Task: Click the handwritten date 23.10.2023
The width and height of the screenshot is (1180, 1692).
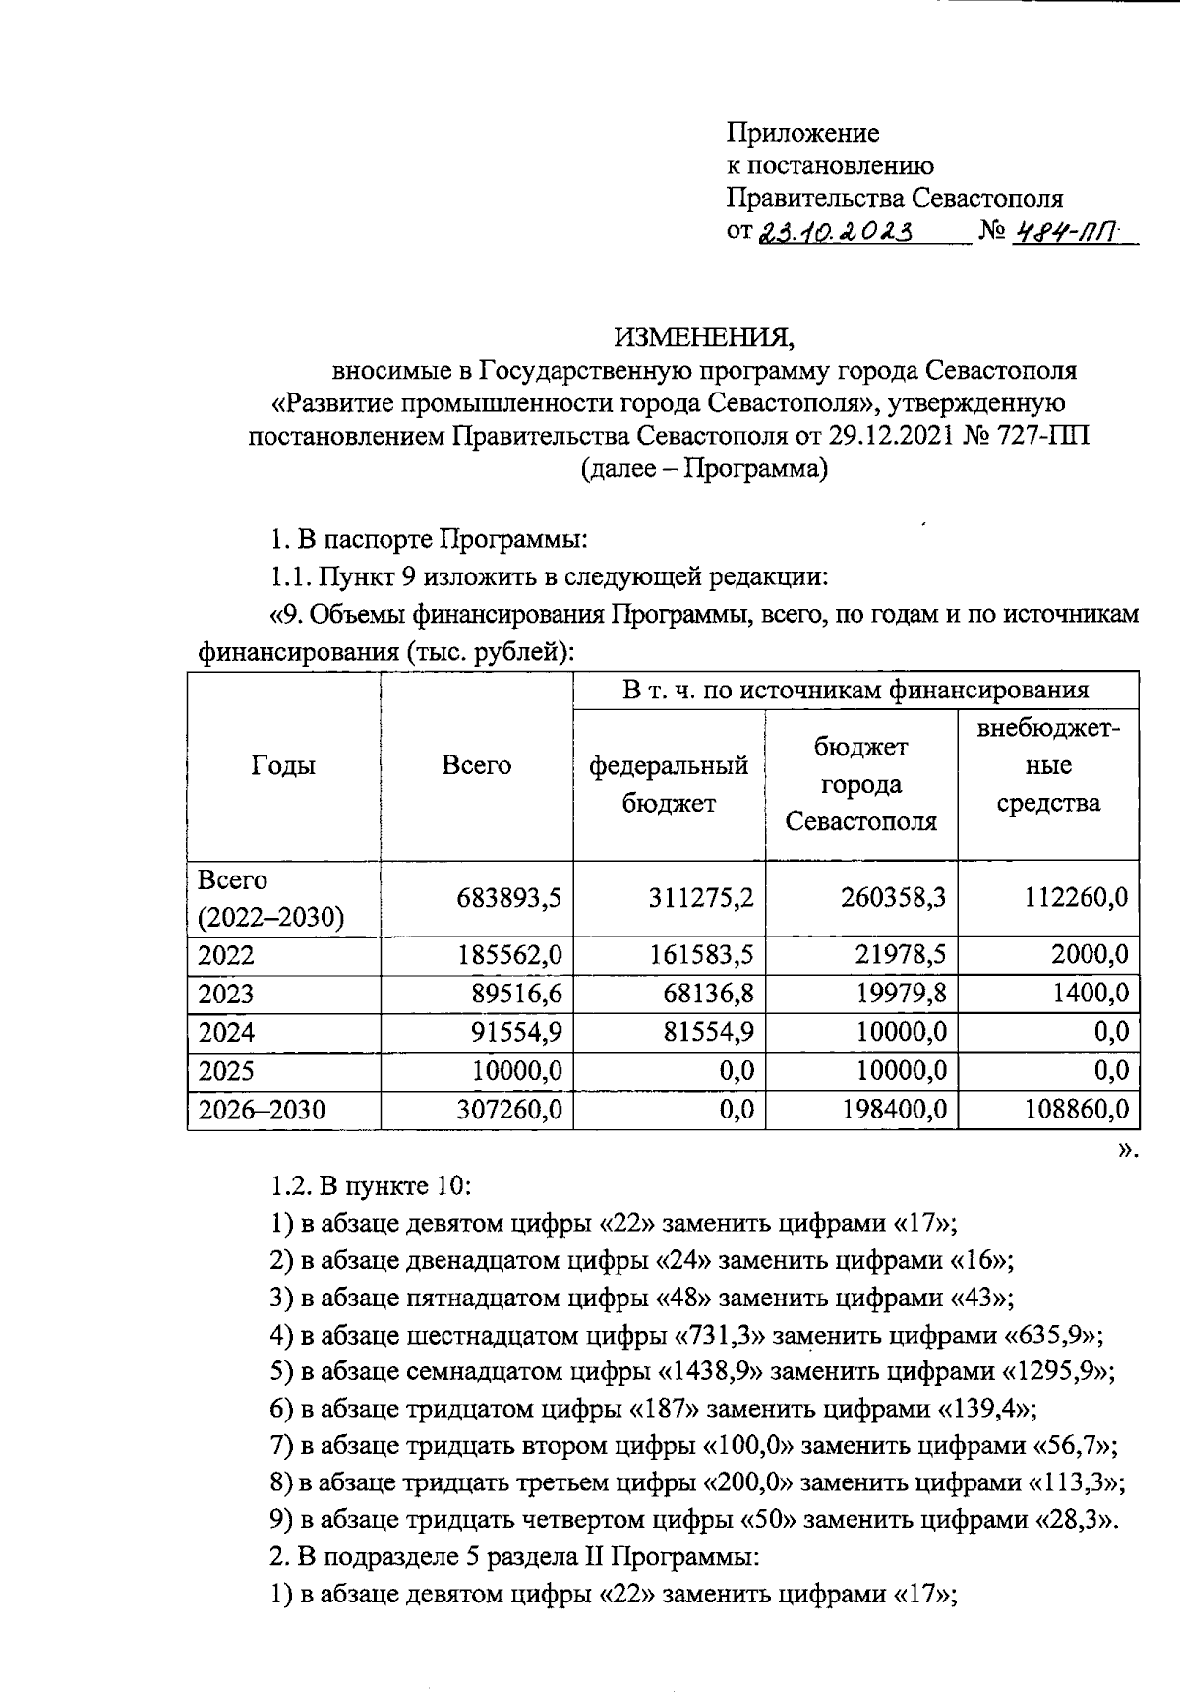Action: [836, 232]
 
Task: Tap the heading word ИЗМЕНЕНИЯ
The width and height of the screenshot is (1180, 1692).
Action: [704, 337]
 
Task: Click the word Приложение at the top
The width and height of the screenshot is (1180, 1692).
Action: [803, 132]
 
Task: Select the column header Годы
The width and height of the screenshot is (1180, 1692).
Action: [283, 765]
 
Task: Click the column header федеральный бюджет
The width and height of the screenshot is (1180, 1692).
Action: [669, 784]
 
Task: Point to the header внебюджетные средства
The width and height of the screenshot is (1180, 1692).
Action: [1048, 765]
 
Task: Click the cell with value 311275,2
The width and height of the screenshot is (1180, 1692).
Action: [701, 897]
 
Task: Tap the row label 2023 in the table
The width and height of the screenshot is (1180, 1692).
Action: [226, 994]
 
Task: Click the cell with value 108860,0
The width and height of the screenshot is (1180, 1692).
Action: [1075, 1110]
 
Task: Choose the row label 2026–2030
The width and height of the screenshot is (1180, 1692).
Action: [262, 1110]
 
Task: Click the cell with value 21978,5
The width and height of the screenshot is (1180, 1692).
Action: [899, 955]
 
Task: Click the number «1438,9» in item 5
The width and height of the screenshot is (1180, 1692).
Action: [706, 1371]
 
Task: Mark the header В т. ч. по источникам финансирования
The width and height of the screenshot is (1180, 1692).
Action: [855, 690]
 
